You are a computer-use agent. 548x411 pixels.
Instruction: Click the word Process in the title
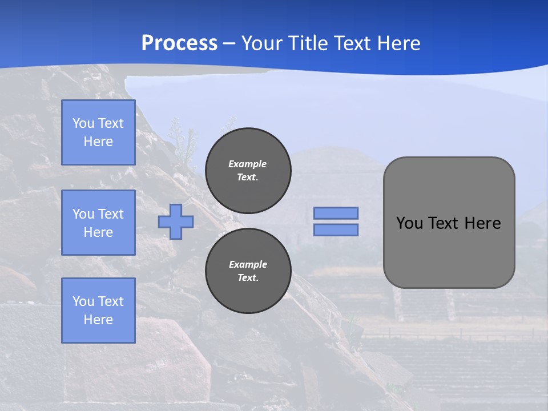pyautogui.click(x=179, y=43)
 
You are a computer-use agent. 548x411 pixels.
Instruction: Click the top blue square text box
pyautogui.click(x=98, y=132)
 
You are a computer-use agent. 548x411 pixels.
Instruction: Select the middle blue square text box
pyautogui.click(x=98, y=223)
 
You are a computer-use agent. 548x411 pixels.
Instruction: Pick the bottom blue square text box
pyautogui.click(x=98, y=311)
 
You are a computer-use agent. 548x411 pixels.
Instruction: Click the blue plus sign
pyautogui.click(x=176, y=221)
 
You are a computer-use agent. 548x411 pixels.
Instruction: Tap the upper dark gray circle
pyautogui.click(x=248, y=171)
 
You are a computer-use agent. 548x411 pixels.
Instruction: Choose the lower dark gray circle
pyautogui.click(x=248, y=271)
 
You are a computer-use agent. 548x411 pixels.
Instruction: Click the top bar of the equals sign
pyautogui.click(x=336, y=213)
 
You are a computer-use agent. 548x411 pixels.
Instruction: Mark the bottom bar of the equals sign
pyautogui.click(x=336, y=230)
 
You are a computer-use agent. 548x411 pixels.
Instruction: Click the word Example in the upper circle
pyautogui.click(x=248, y=164)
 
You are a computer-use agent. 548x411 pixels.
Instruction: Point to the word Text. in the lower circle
pyautogui.click(x=248, y=278)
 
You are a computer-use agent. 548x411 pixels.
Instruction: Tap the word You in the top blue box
pyautogui.click(x=83, y=123)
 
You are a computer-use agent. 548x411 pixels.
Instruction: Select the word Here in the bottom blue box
pyautogui.click(x=98, y=320)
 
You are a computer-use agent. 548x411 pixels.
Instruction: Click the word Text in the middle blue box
pyautogui.click(x=110, y=214)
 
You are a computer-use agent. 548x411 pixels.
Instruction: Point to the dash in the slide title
pyautogui.click(x=229, y=43)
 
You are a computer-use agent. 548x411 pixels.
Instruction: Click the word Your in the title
pyautogui.click(x=263, y=43)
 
